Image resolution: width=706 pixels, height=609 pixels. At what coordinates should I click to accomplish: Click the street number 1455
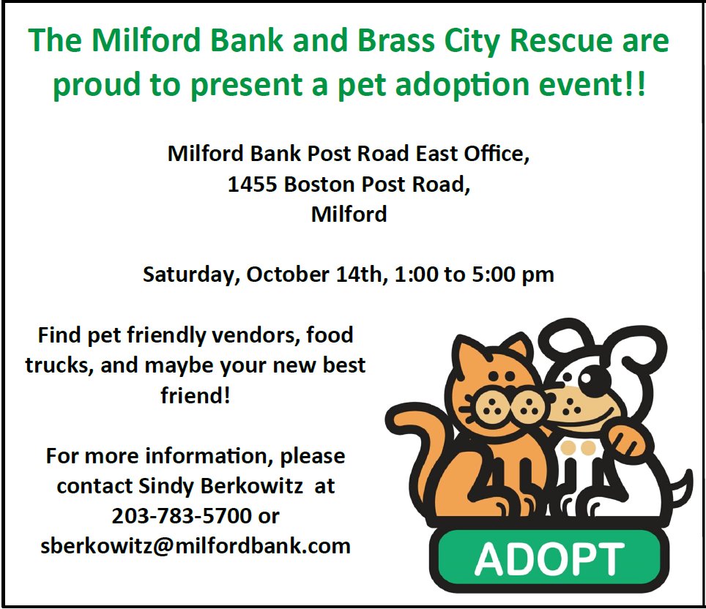(x=252, y=184)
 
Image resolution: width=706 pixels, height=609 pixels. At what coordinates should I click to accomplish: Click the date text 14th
(x=359, y=275)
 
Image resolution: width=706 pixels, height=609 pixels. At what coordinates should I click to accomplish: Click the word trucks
(x=56, y=366)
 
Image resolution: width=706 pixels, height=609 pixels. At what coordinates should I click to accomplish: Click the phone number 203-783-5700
(x=181, y=516)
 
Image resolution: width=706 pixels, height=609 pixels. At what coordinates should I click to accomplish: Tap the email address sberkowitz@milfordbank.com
(x=196, y=546)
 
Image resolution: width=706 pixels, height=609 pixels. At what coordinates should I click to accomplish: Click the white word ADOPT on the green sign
(x=549, y=560)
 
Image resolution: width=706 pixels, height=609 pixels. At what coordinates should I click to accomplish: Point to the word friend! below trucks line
(x=196, y=396)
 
